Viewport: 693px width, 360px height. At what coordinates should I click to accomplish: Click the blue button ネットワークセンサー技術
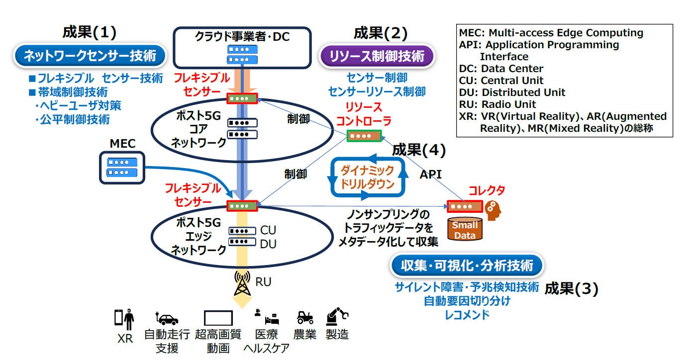click(90, 56)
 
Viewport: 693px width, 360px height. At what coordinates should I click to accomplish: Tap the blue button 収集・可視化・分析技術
click(467, 266)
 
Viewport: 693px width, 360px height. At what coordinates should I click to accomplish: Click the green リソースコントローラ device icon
click(364, 135)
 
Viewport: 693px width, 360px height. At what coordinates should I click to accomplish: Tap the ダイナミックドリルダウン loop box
click(367, 177)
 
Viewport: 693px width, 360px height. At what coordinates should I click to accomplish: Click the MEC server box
click(122, 168)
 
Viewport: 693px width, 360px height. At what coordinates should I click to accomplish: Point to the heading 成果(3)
click(571, 288)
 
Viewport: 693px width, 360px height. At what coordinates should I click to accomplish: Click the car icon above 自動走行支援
click(167, 319)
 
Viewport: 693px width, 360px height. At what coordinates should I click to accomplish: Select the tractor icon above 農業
click(304, 317)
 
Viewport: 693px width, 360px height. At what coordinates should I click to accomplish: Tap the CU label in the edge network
click(268, 230)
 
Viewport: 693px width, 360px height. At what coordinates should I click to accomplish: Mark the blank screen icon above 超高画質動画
click(218, 318)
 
